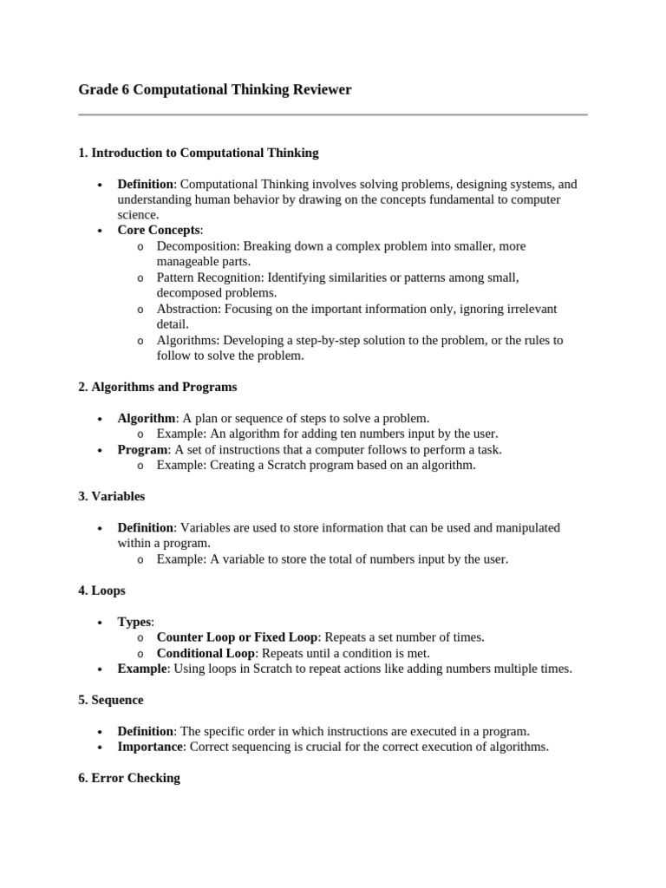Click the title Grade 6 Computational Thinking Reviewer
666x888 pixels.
tap(215, 90)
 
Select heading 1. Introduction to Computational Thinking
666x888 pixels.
tap(199, 153)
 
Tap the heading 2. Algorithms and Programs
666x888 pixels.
tap(157, 387)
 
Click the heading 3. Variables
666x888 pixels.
tap(111, 497)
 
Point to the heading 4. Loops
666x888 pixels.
tap(101, 591)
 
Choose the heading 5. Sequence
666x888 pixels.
tap(110, 700)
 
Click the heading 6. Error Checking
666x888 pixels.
tap(129, 778)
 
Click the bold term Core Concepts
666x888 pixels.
tap(159, 231)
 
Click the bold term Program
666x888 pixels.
tap(142, 449)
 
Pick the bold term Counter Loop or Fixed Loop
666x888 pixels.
tap(237, 637)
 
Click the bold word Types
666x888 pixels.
tap(134, 622)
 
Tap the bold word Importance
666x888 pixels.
tap(150, 747)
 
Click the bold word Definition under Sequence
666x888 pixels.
tap(146, 731)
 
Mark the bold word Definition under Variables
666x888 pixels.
tap(146, 527)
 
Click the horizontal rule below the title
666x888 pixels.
tap(333, 114)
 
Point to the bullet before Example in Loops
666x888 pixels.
tap(100, 669)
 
